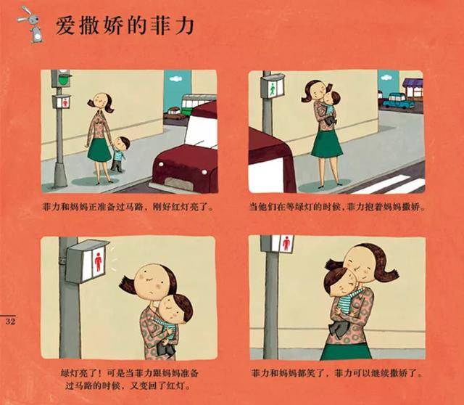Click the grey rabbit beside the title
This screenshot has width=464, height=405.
32,25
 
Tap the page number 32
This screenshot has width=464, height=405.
10,322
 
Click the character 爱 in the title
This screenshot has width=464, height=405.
65,25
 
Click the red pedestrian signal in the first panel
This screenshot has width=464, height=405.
62,102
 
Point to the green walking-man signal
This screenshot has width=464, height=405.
273,88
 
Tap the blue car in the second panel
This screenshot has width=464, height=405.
398,101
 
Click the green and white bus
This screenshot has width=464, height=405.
196,104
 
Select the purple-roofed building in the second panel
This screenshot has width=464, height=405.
413,88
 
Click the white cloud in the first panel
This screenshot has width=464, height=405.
175,78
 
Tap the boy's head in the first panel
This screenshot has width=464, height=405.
122,143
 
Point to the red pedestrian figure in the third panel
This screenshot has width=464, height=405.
99,262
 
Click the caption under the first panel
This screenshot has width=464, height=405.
128,207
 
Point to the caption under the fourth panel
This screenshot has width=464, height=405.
337,373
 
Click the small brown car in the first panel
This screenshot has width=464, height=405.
174,113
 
